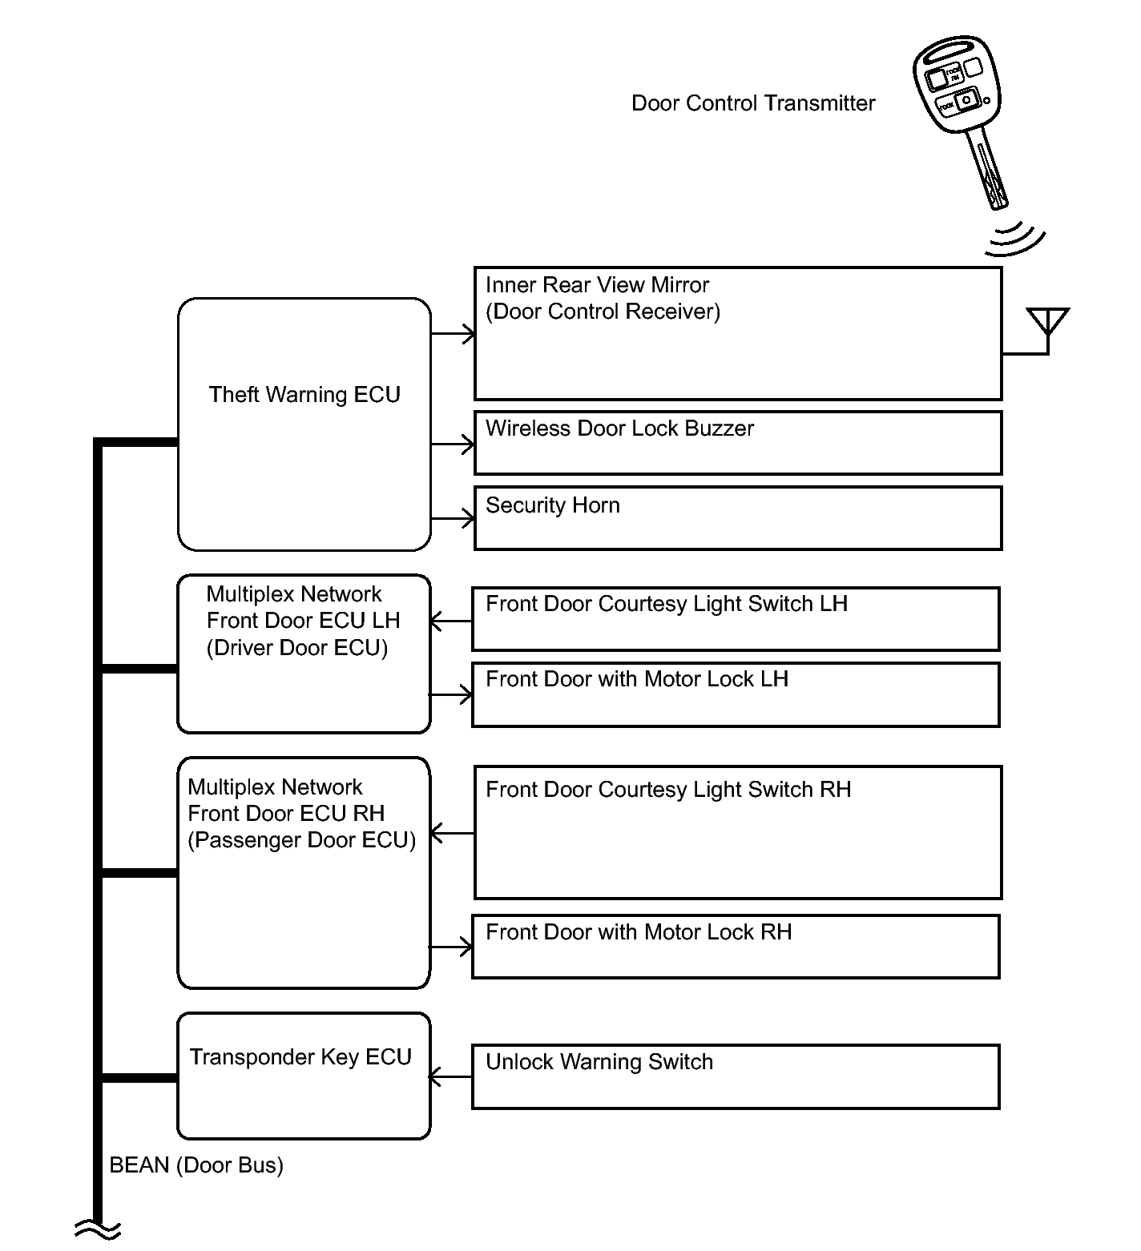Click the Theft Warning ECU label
pos(304,395)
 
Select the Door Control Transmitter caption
pos(753,103)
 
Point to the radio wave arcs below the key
pos(1015,239)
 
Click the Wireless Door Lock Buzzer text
pos(619,428)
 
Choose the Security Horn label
pos(553,505)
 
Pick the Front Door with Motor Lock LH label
pos(637,679)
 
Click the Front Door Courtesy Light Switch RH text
pos(668,790)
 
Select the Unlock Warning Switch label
pos(599,1062)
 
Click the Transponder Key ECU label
pos(300,1057)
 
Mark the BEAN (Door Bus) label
pos(196,1165)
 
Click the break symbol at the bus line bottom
pos(98,1229)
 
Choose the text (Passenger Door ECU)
pos(302,840)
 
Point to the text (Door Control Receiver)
pos(603,312)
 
